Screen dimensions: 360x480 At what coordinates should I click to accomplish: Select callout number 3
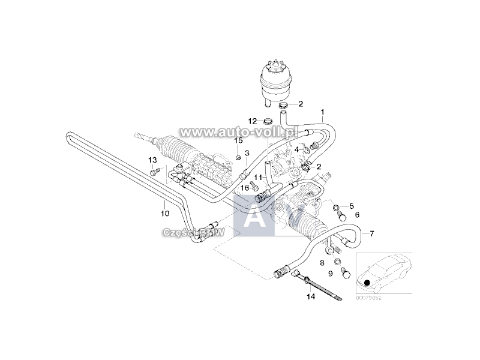(247, 154)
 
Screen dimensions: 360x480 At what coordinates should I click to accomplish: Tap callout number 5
(352, 205)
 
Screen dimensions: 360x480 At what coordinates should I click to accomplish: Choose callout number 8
(322, 263)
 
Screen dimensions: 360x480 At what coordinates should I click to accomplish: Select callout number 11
(256, 178)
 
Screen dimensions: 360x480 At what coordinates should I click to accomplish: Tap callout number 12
(253, 121)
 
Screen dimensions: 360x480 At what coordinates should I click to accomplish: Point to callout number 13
(152, 160)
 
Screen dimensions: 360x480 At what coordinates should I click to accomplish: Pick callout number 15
(238, 140)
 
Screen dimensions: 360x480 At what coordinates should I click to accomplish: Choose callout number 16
(245, 188)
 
